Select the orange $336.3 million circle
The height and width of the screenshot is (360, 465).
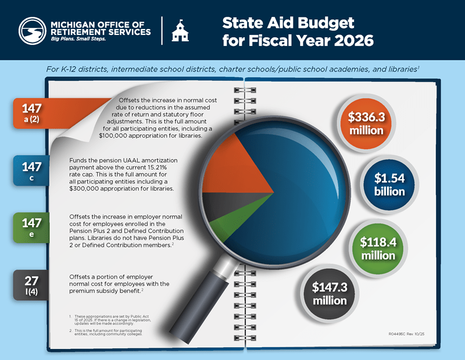[x=366, y=123]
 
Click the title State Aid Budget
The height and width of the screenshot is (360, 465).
[x=288, y=23]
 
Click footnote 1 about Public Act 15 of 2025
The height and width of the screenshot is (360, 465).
[x=110, y=319]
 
